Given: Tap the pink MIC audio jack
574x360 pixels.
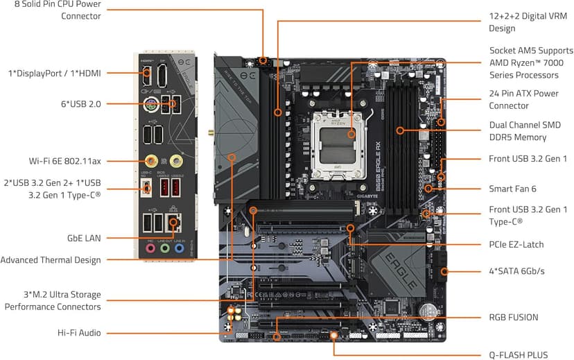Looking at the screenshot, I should point(149,246).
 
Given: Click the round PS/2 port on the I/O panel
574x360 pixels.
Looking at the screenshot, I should point(150,106).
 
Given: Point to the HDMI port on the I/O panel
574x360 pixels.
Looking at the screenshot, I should point(146,76).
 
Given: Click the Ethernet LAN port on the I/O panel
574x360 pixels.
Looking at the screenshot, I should point(175,221).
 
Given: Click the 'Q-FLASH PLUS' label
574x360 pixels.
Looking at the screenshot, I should point(519,354).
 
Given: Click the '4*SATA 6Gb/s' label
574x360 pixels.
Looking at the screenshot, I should point(516,271).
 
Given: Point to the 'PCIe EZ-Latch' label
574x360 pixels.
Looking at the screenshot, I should point(516,245).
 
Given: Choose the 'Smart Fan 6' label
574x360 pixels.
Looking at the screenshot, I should point(512,188).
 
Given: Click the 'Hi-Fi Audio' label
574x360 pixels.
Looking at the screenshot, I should point(79,333).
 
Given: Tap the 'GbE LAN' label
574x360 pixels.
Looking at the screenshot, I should point(84,238).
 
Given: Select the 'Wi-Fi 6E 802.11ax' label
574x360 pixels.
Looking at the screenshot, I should point(65,161).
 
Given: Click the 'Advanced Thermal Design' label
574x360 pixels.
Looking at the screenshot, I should point(51,260).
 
